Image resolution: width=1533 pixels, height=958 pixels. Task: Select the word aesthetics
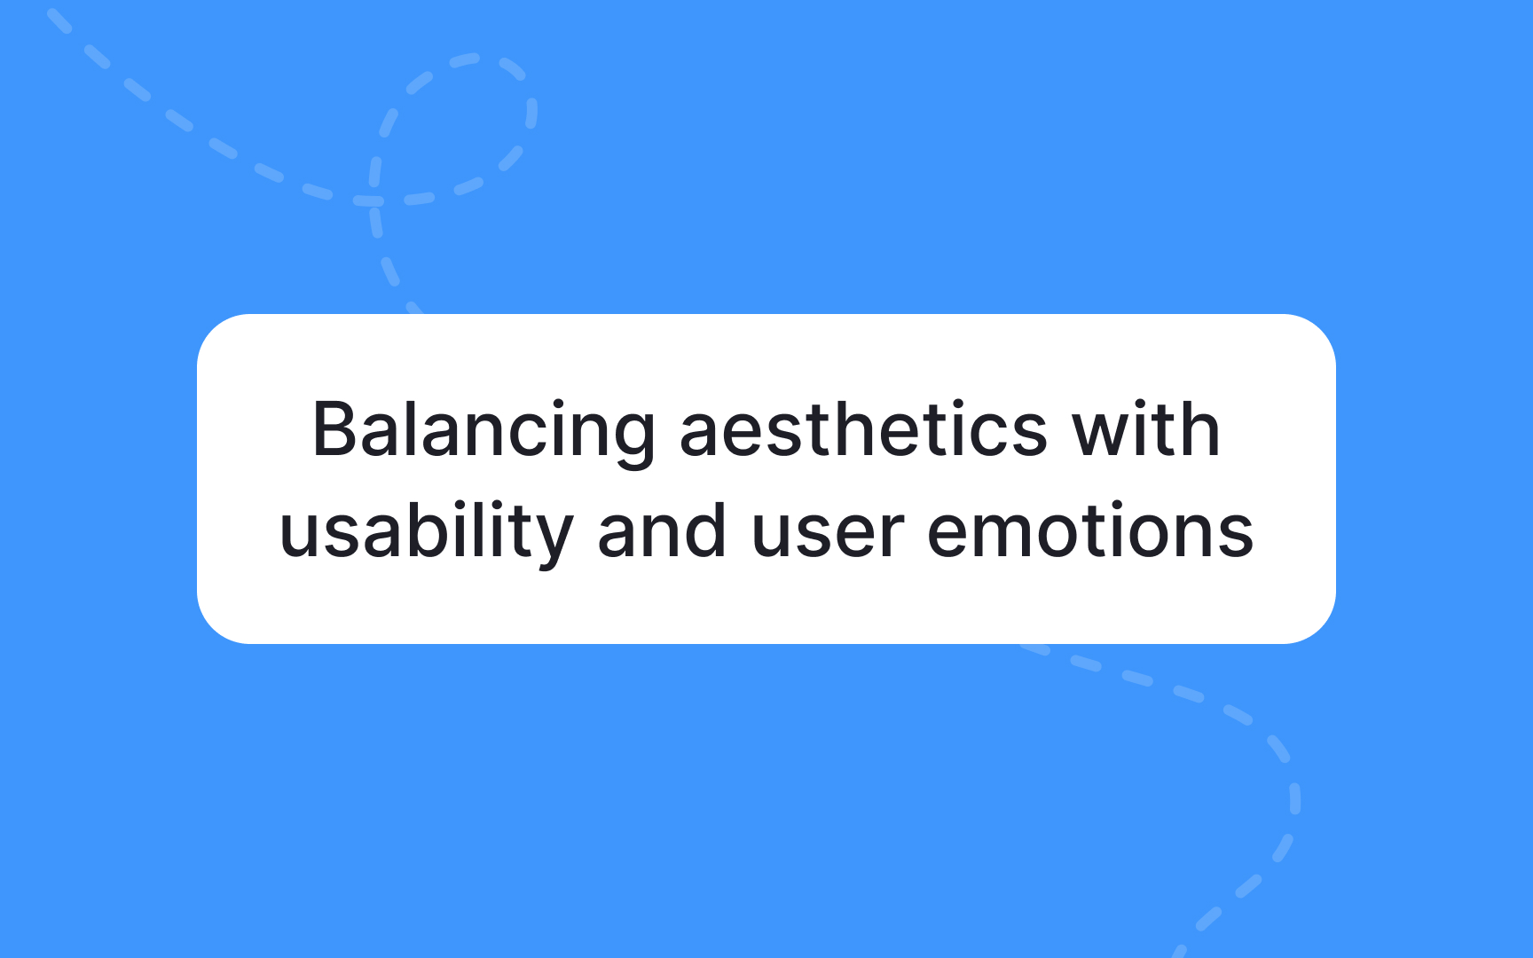863,429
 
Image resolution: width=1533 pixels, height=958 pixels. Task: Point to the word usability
426,533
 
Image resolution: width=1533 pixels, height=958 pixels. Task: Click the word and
662,530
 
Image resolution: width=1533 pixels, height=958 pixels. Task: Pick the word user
828,535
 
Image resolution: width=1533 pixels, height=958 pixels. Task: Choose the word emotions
1090,530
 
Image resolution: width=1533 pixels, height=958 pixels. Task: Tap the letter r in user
891,535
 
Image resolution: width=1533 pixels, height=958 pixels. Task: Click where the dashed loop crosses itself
371,200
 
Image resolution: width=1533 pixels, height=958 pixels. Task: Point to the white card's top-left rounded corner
213,330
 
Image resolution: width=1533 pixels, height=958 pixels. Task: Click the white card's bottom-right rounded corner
1320,628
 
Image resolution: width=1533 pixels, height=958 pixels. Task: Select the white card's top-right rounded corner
1320,330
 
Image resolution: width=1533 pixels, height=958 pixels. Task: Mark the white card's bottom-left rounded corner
213,628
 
